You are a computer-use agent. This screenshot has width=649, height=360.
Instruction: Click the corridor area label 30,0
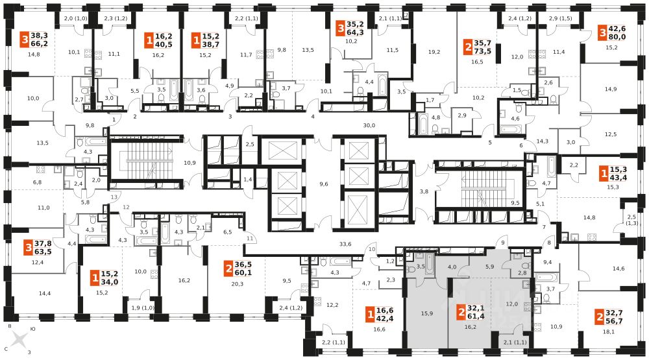click(x=369, y=126)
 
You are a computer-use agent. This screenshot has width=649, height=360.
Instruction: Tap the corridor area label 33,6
click(x=345, y=244)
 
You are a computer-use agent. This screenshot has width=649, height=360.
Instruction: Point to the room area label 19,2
click(x=434, y=52)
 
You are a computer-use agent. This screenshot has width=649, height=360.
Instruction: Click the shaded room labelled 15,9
click(x=426, y=313)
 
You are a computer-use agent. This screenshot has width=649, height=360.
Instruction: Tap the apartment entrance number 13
click(x=114, y=197)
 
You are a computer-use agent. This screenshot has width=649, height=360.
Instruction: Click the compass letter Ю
click(x=34, y=329)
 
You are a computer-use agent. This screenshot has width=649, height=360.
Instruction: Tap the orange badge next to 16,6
click(x=370, y=316)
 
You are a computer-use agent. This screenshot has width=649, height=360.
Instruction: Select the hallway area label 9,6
click(x=324, y=184)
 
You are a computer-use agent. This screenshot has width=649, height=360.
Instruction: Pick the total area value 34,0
click(x=110, y=282)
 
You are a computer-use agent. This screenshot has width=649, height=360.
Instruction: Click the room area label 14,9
click(x=610, y=90)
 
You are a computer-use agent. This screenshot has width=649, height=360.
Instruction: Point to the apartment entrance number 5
click(x=489, y=142)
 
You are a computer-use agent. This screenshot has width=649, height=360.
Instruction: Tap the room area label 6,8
click(x=37, y=182)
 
